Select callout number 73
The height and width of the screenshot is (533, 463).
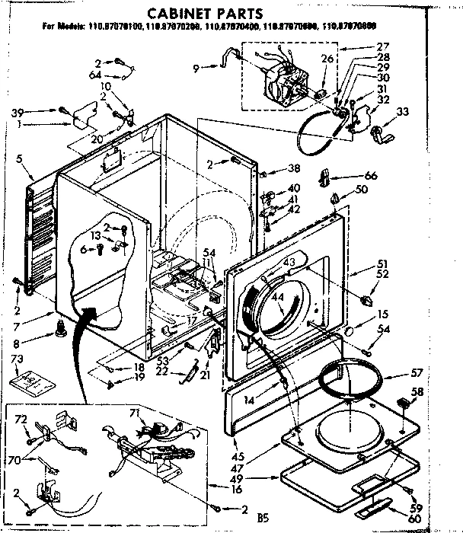[18, 359]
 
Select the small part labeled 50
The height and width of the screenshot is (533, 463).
[334, 199]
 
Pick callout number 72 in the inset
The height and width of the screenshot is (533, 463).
[21, 420]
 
